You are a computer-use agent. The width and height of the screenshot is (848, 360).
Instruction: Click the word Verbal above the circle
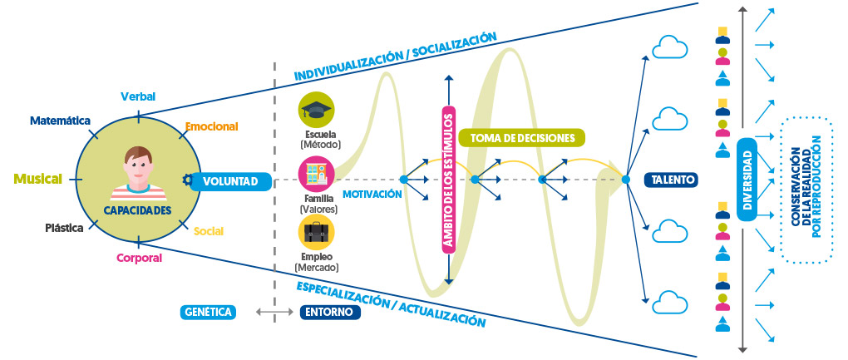[138, 96]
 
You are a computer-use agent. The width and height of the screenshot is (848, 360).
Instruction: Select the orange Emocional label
[211, 126]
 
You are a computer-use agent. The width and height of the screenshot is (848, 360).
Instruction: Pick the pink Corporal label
[139, 258]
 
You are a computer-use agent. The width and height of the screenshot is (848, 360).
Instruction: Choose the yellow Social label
[208, 230]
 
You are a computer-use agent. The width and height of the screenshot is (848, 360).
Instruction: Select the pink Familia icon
[316, 174]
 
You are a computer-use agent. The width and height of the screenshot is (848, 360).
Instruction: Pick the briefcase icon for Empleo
[316, 235]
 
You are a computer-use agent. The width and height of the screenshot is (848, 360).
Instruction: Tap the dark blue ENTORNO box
[330, 313]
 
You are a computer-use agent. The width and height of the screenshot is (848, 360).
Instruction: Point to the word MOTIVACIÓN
[372, 194]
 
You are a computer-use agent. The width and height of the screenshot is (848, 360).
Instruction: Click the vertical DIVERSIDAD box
[747, 179]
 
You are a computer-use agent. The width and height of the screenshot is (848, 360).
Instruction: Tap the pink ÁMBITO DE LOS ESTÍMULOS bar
[448, 178]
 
